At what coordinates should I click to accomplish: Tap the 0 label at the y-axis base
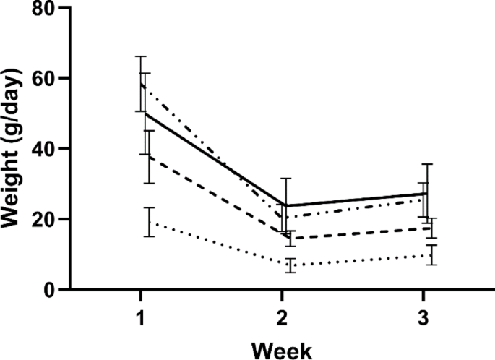tap(45, 290)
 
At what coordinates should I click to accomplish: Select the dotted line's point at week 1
tap(149, 223)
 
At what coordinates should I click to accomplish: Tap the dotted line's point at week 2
tap(290, 265)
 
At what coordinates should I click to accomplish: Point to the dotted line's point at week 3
tap(432, 255)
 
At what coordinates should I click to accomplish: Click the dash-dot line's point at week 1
tap(142, 84)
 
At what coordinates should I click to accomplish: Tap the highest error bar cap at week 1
tap(142, 56)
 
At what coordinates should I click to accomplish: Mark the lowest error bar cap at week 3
tap(432, 265)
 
